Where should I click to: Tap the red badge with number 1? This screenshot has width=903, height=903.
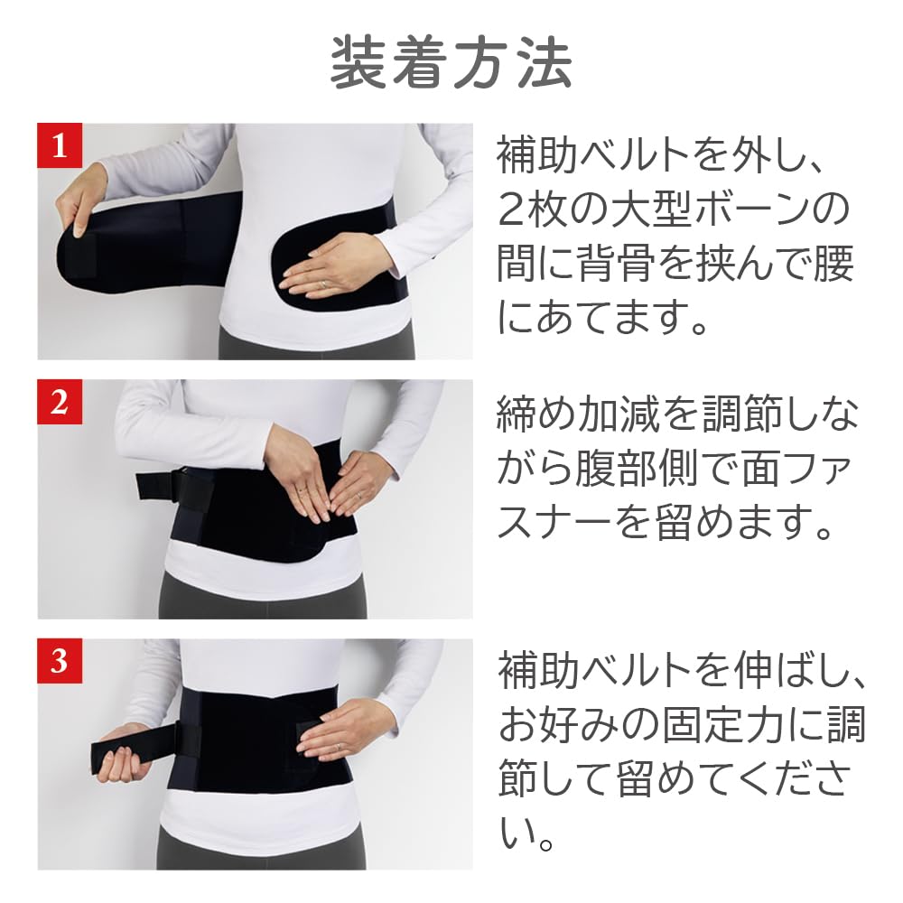(60, 145)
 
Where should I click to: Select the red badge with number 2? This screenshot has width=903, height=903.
(60, 402)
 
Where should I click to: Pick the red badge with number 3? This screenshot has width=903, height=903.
(60, 661)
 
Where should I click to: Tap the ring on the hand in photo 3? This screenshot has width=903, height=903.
(339, 748)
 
